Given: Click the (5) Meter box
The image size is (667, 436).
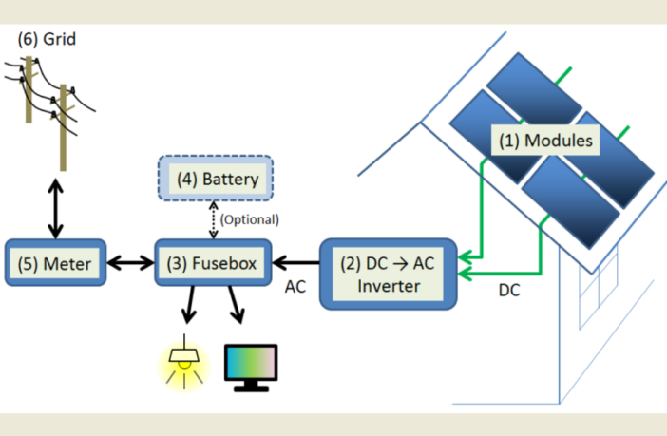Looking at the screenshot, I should point(55,262).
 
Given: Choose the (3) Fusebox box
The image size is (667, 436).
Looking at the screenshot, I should point(213,263).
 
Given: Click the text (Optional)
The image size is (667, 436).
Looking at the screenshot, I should point(249,219).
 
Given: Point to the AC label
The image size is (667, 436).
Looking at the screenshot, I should point(295,284).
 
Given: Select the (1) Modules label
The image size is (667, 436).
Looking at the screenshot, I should point(547,142).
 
